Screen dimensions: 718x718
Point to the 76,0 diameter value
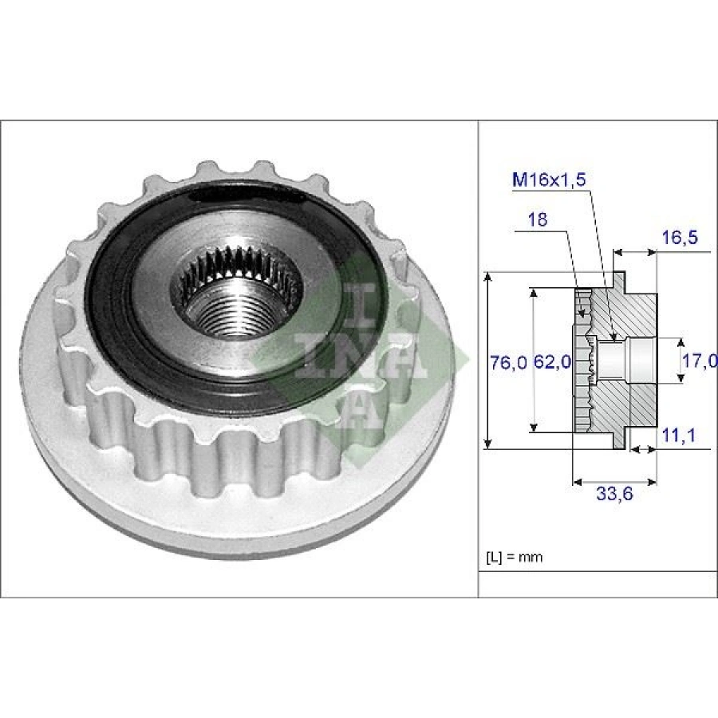507,362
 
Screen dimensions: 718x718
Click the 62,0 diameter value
551,362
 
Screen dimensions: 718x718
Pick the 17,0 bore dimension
698,361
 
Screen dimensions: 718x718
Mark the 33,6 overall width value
614,495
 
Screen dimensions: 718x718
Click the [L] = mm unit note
513,556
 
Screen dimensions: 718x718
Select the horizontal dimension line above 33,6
614,482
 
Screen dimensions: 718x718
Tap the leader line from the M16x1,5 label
600,255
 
